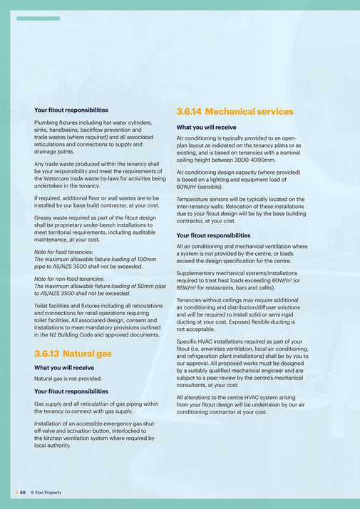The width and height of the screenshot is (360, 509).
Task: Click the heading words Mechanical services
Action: pyautogui.click(x=249, y=112)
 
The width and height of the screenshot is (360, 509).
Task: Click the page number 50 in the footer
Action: pyautogui.click(x=23, y=492)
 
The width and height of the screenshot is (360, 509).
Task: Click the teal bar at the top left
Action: pyautogui.click(x=38, y=18)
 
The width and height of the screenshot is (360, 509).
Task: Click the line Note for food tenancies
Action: pyautogui.click(x=68, y=252)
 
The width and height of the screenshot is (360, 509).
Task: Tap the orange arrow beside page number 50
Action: pyautogui.click(x=16, y=492)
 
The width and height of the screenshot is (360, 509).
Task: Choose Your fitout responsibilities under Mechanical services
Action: pyautogui.click(x=213, y=235)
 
